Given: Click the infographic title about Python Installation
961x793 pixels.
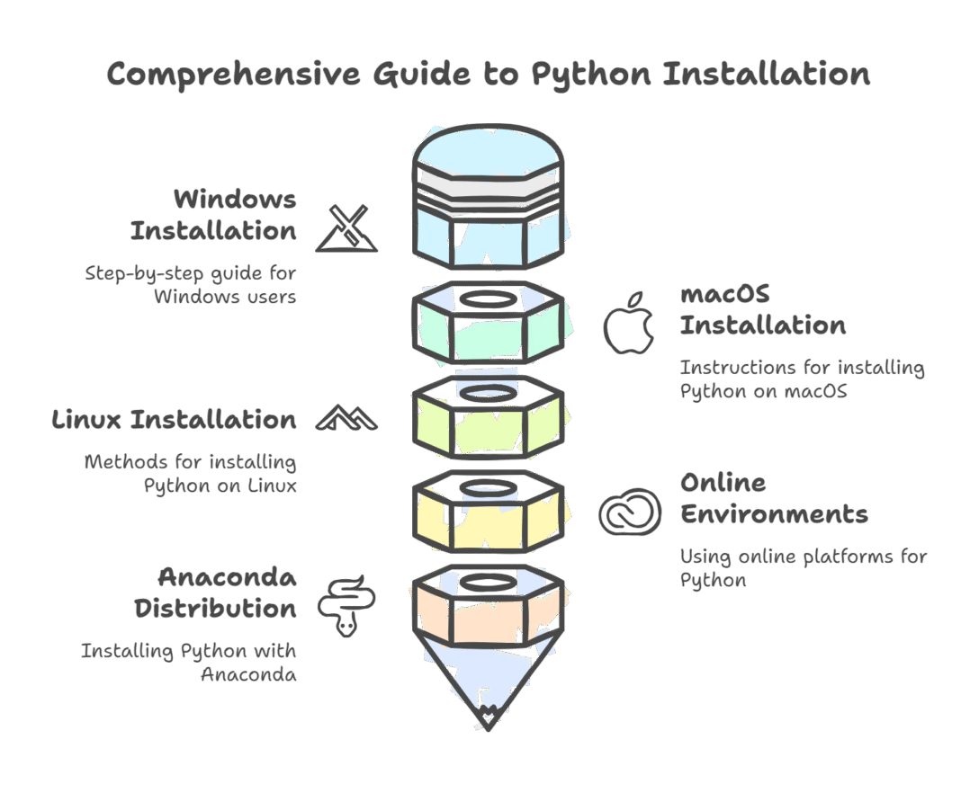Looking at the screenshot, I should coord(489,74).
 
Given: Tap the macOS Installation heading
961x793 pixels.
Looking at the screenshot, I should coord(762,309).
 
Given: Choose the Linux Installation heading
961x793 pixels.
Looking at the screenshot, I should coord(174,419).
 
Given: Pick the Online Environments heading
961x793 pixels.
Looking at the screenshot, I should coord(773,498).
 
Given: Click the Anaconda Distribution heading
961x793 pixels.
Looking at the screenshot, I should coord(216,593).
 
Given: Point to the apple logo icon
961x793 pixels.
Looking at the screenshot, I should coord(629,322).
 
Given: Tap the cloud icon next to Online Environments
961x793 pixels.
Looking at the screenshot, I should coord(631,512).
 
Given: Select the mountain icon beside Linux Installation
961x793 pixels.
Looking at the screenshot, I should coord(346,417).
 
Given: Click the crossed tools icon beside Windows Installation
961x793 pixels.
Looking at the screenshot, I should coord(346,228).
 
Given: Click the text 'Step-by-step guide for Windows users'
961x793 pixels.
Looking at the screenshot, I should coord(191,284).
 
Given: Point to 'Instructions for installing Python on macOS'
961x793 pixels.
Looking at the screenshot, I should coord(801,379).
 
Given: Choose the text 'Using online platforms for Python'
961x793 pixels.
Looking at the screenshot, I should coord(803,568).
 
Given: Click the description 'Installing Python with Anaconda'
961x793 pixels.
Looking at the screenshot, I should coord(189,662).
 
